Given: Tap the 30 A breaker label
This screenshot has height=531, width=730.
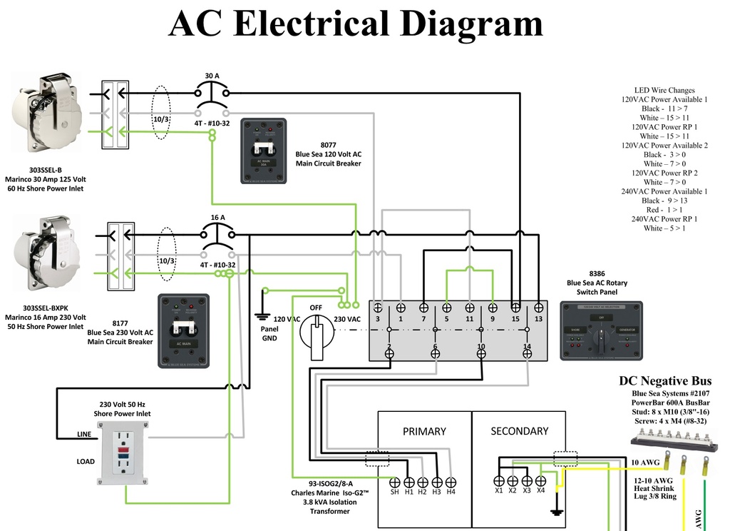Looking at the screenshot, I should point(212,76).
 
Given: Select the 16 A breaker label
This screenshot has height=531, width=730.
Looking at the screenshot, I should point(217,217).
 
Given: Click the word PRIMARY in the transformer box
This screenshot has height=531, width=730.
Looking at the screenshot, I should point(424,431).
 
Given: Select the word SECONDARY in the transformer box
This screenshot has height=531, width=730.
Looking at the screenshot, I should point(520,431).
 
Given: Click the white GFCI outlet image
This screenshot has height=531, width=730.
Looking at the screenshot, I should point(125,452).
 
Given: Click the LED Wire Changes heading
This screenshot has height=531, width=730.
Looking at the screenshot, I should point(664,91).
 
